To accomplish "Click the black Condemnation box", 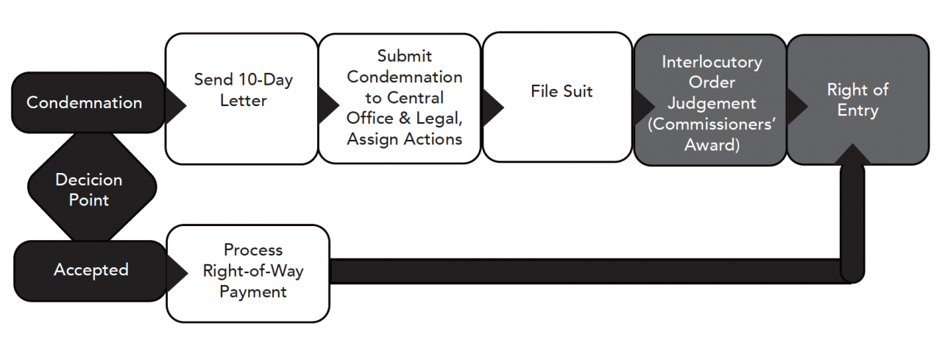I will coord(85,102).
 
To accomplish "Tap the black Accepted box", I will coord(90,270).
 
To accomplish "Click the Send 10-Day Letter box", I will coord(242,98).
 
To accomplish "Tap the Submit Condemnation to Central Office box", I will coord(404,97).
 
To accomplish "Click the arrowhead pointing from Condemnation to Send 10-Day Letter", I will coord(174,104).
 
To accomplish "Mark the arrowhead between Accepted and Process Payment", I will coord(176,272).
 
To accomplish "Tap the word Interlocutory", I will coord(711,62).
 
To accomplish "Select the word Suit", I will coord(577,91).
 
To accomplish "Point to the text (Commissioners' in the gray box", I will coord(711,124).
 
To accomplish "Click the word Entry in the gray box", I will coord(857,110).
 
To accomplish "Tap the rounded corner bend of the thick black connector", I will coord(851,270).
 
